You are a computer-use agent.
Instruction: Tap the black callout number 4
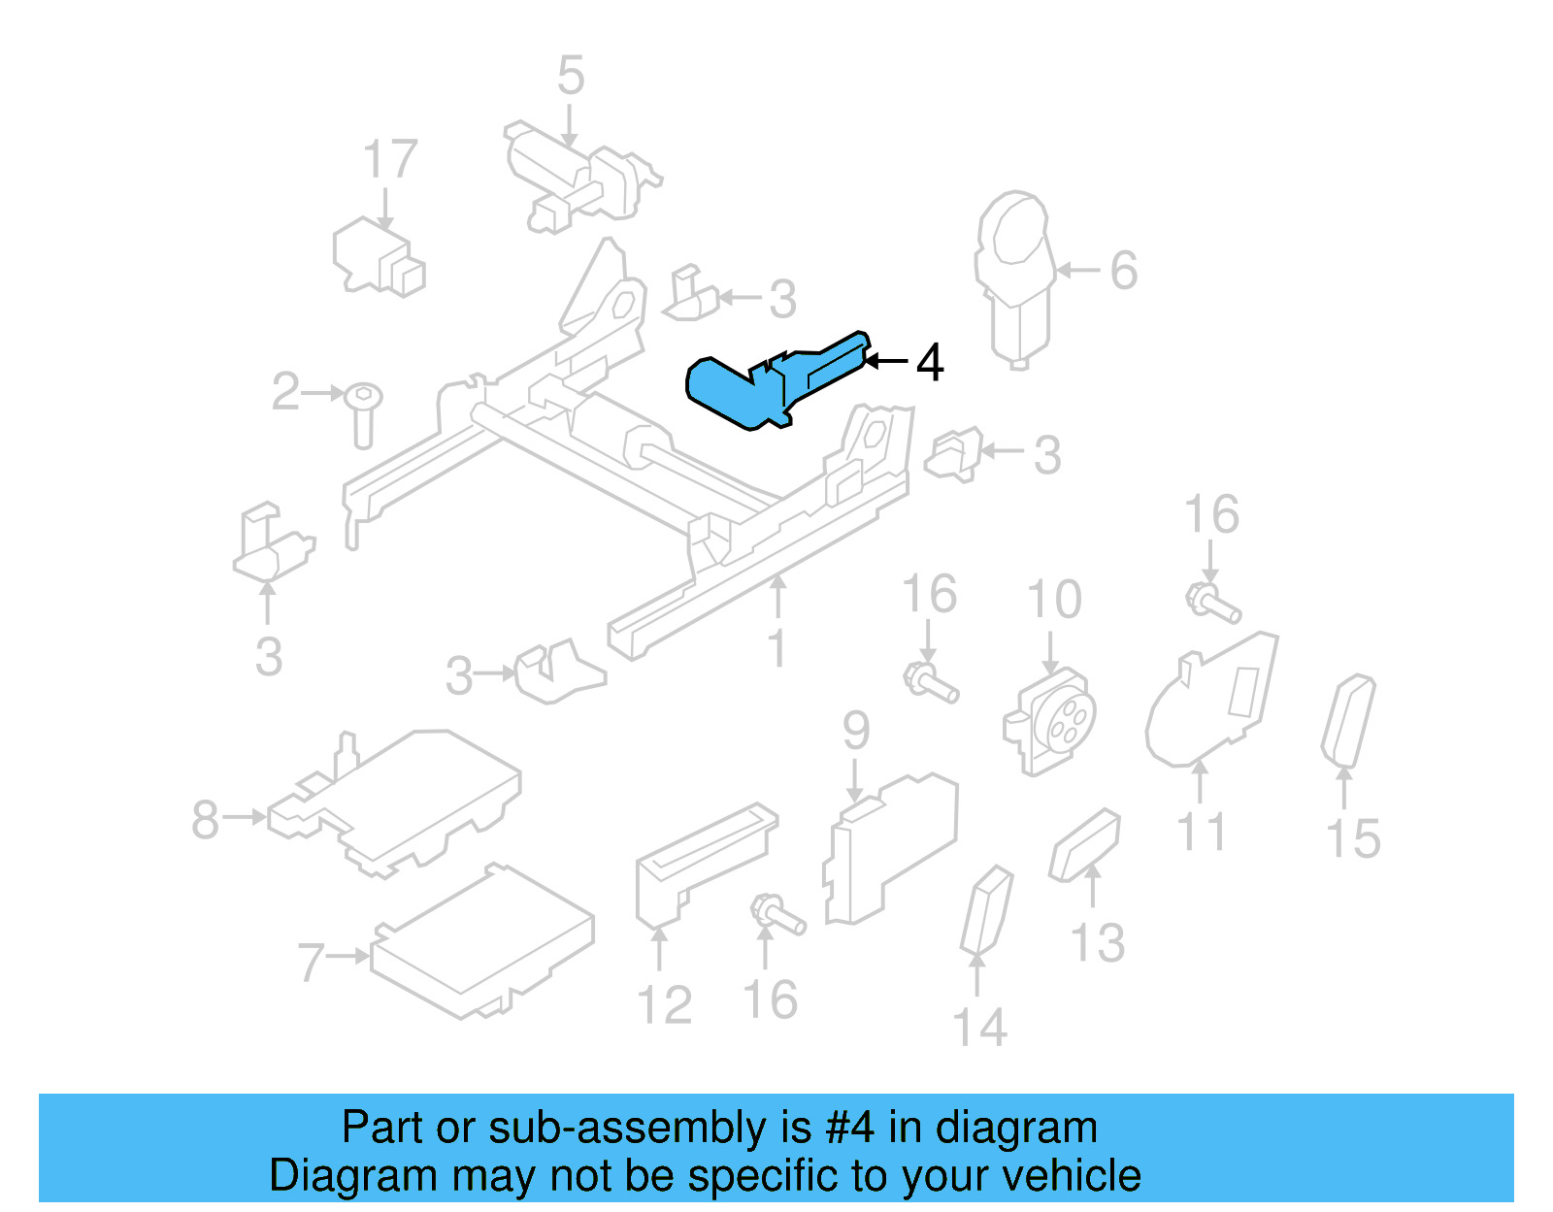click(x=929, y=363)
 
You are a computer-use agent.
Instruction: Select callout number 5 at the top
click(x=571, y=76)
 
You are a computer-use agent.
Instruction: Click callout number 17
click(x=389, y=159)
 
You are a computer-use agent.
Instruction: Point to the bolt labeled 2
click(x=364, y=412)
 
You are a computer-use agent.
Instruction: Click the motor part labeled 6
click(x=1014, y=277)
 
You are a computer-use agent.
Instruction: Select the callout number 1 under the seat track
click(x=776, y=648)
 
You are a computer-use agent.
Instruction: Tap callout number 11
click(x=1201, y=833)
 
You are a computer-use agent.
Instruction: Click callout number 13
click(x=1097, y=942)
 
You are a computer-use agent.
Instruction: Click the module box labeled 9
click(x=888, y=849)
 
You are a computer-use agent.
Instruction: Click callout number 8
click(x=205, y=819)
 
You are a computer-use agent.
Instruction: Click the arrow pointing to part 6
click(x=1077, y=271)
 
